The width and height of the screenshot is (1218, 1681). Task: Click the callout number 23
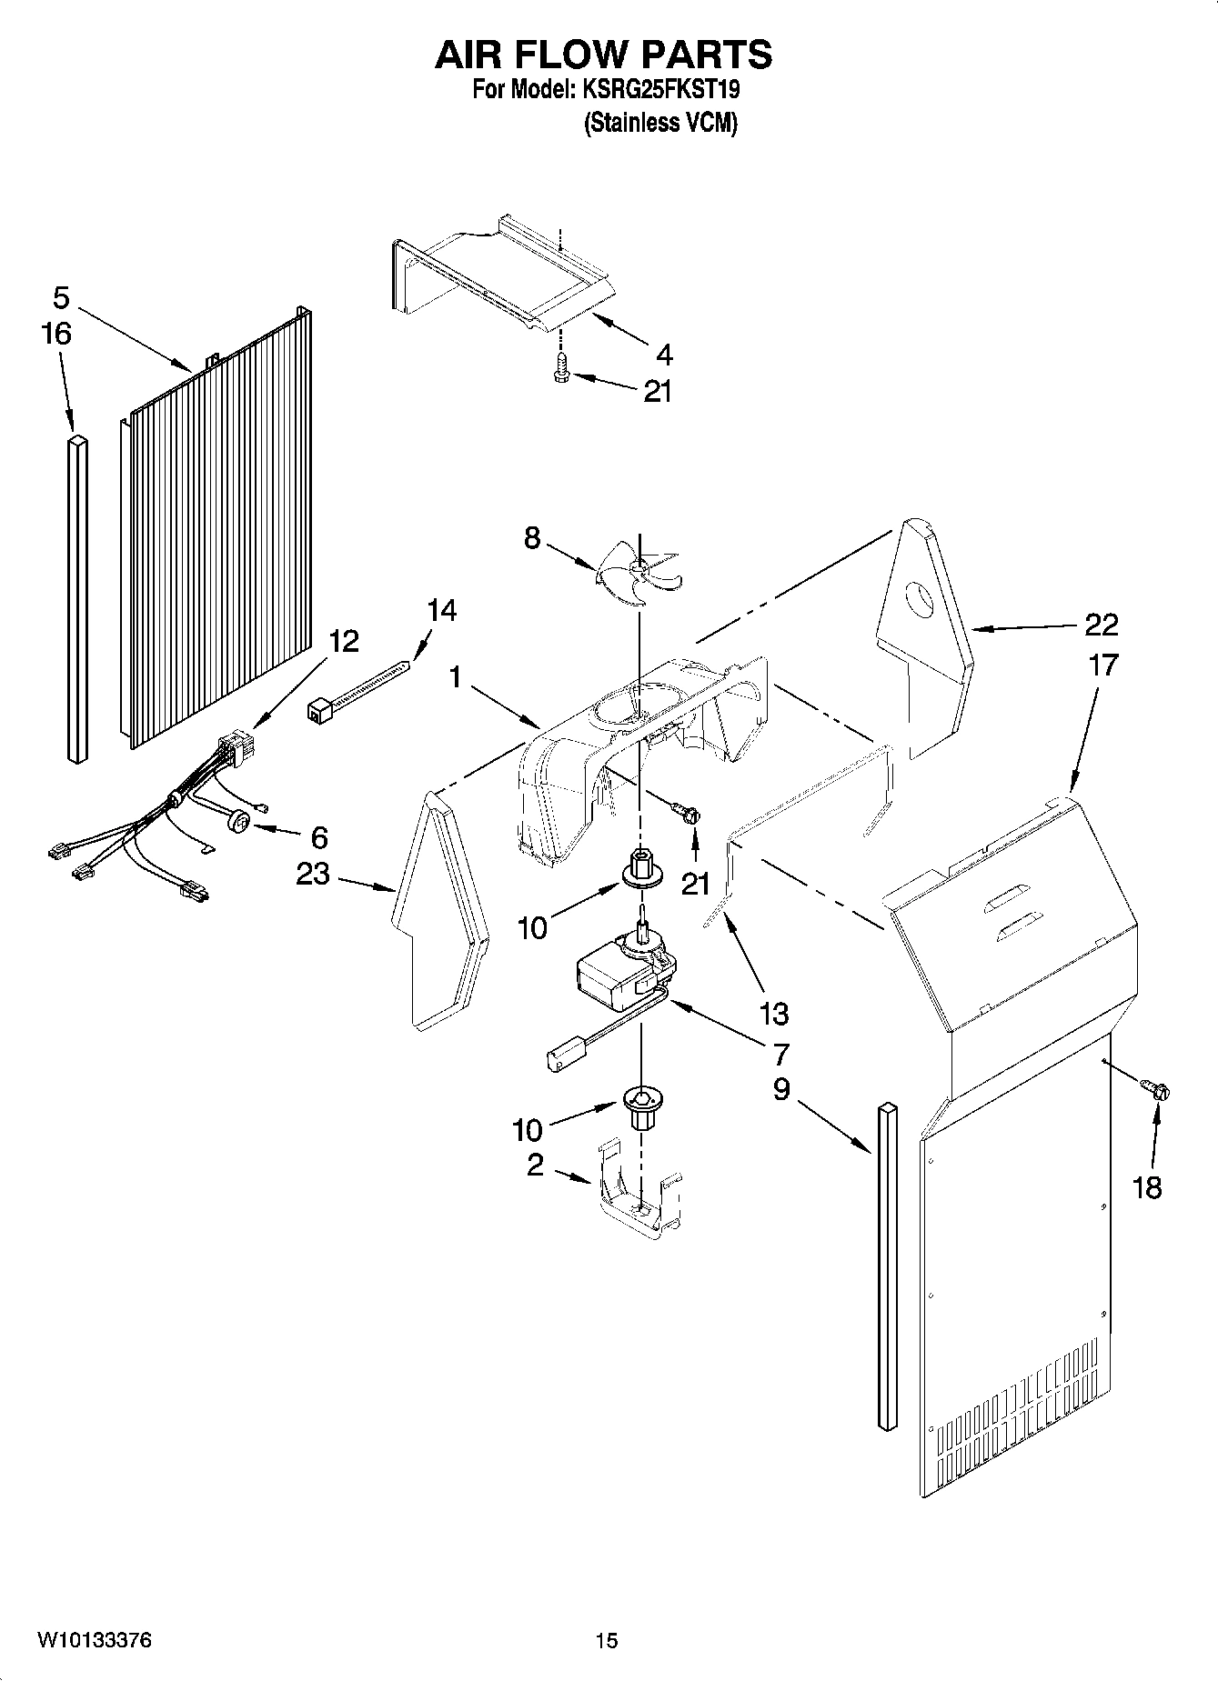pos(315,875)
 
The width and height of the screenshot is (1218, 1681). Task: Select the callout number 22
pos(1101,625)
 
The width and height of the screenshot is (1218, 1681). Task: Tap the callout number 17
pos(1102,665)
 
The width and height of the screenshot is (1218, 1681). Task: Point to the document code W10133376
pos(95,1640)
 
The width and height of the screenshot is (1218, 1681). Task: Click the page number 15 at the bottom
pos(607,1640)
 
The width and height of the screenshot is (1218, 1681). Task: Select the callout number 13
pos(773,1013)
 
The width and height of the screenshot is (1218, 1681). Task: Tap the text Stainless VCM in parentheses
pos(660,123)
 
